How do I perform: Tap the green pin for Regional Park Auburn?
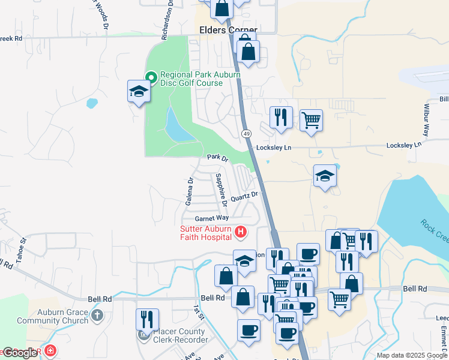pyautogui.click(x=151, y=76)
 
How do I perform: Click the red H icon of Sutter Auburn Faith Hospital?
pyautogui.click(x=240, y=231)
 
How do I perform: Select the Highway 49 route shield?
pyautogui.click(x=246, y=133)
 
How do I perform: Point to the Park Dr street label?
pyautogui.click(x=218, y=158)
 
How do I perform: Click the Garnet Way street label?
pyautogui.click(x=211, y=218)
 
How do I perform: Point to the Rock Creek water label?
pyautogui.click(x=435, y=232)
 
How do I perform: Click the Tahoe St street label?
pyautogui.click(x=22, y=248)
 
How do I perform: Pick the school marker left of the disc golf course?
pyautogui.click(x=139, y=92)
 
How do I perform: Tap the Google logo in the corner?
pyautogui.click(x=20, y=353)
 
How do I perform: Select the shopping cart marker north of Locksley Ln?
pyautogui.click(x=311, y=120)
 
